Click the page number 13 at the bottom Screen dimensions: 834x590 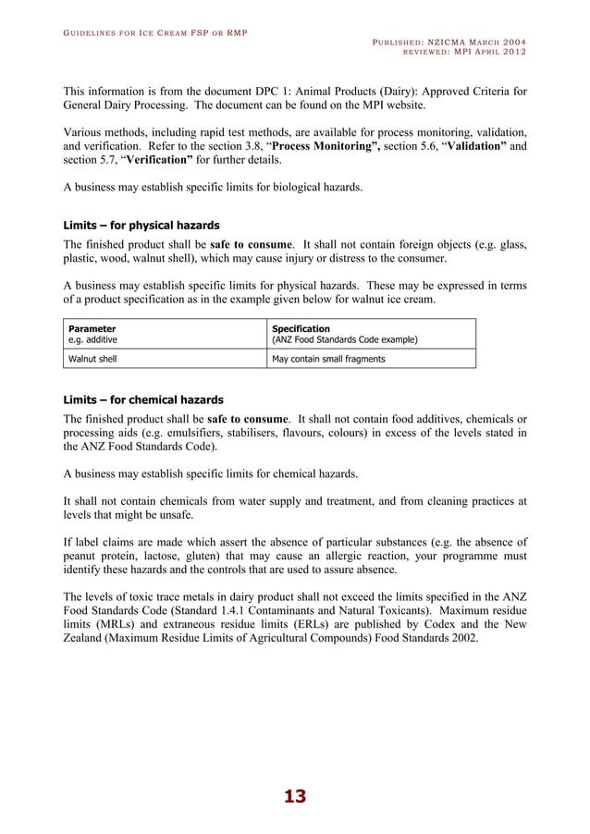pos(294,797)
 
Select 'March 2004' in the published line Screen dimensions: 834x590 pos(496,42)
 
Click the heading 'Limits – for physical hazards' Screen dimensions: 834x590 pos(141,225)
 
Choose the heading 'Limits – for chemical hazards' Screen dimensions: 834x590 pos(142,400)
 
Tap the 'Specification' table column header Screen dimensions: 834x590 pos(301,328)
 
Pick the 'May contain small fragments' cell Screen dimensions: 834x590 pos(328,359)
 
